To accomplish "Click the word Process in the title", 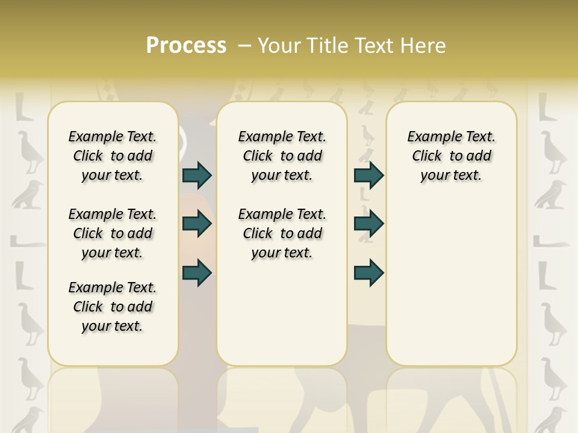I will click(186, 45).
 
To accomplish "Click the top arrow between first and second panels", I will click(197, 175).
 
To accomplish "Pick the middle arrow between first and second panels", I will click(197, 224).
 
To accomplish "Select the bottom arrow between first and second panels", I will click(197, 272).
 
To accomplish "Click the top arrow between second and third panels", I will click(368, 175).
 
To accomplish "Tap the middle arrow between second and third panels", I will click(368, 224).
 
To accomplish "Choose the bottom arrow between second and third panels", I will click(368, 272).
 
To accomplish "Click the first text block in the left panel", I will click(113, 156).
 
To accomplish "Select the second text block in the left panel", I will click(113, 233).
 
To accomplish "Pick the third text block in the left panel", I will click(113, 307).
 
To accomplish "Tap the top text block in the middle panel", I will click(282, 156).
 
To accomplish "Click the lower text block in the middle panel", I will click(282, 233).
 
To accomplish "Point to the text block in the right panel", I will click(451, 156).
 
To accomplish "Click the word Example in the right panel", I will click(430, 137).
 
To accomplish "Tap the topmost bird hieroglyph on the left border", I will click(28, 150).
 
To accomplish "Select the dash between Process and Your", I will click(244, 45).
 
